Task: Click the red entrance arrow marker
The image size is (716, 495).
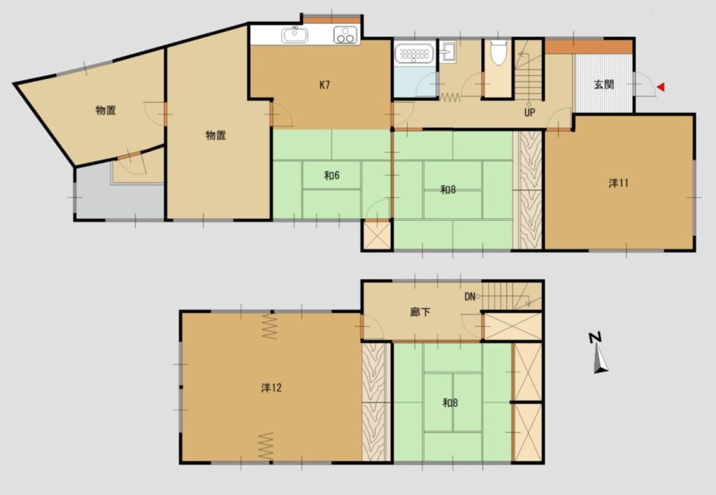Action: click(660, 87)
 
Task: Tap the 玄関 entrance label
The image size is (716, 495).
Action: click(603, 85)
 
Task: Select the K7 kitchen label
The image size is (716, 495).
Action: click(324, 85)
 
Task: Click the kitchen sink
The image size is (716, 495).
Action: click(294, 35)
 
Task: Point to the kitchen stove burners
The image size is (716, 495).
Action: click(345, 35)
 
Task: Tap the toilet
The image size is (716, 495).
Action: click(498, 52)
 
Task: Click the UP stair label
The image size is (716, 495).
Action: click(530, 113)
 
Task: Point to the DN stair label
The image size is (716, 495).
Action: click(470, 297)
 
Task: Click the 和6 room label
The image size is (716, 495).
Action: click(332, 175)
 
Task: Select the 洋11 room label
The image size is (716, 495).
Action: click(618, 183)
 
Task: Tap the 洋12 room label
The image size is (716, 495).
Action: click(271, 388)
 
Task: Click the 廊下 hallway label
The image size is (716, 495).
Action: click(420, 313)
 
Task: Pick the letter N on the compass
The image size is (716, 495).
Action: click(595, 338)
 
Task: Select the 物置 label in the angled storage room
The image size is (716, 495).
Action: click(106, 110)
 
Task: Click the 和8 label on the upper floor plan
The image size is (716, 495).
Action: click(448, 189)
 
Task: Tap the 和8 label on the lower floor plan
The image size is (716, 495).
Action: click(450, 403)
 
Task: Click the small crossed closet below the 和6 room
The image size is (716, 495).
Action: click(377, 236)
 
